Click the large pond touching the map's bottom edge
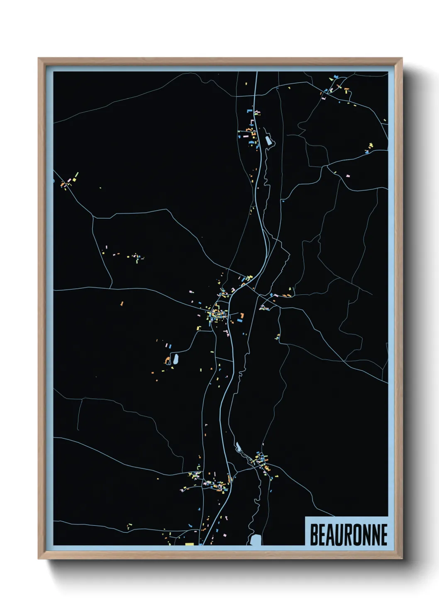tap(256, 540)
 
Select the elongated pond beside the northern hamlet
tap(268, 140)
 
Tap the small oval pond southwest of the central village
tap(176, 359)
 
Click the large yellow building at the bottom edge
tap(190, 544)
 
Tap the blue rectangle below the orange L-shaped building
tap(240, 321)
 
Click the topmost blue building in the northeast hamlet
tap(336, 76)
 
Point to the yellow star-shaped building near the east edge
tap(371, 145)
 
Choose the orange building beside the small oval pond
tap(168, 360)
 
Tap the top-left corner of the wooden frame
tap(39, 58)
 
